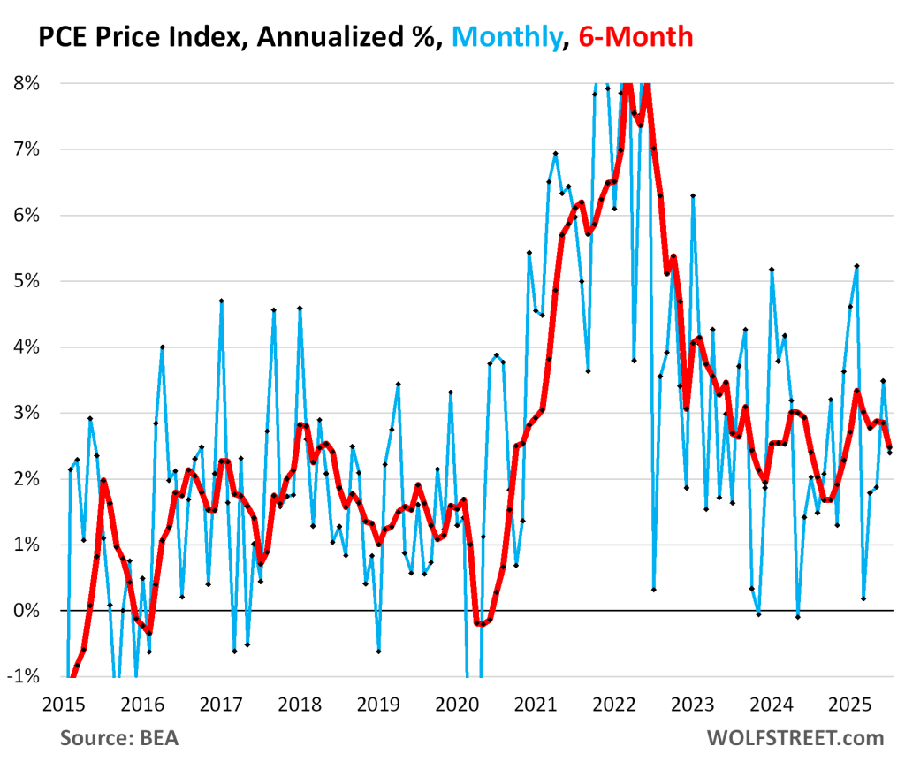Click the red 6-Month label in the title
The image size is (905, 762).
(635, 36)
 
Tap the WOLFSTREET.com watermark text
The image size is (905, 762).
(795, 738)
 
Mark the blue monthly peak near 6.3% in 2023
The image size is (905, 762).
(694, 195)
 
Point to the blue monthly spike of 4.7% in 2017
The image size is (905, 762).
(221, 301)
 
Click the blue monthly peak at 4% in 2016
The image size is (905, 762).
(163, 347)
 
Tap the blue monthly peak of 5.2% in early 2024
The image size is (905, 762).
(772, 269)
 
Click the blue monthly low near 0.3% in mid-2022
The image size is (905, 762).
(653, 590)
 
